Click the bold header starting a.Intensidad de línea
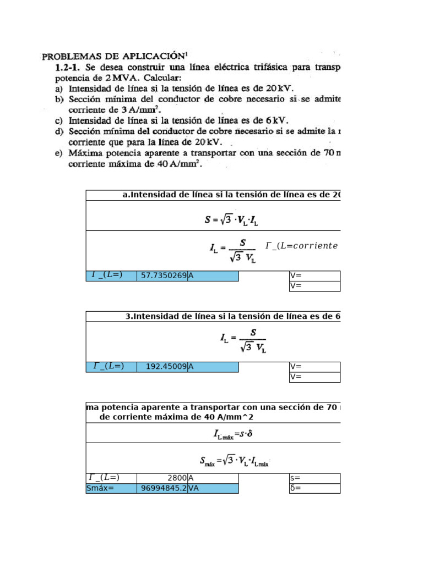[231, 195]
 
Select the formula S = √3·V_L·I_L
[231, 220]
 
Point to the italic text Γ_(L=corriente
[301, 246]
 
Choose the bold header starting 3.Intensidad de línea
[232, 316]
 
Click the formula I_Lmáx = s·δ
[233, 434]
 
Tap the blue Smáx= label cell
[111, 488]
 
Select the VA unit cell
[213, 488]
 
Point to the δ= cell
[314, 488]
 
